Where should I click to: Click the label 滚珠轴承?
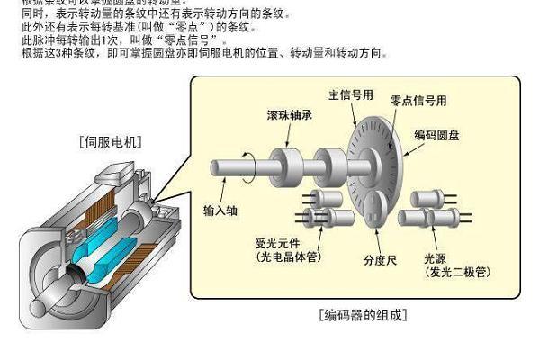click(x=291, y=116)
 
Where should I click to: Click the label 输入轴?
click(x=221, y=211)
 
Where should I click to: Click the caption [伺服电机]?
click(x=111, y=142)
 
